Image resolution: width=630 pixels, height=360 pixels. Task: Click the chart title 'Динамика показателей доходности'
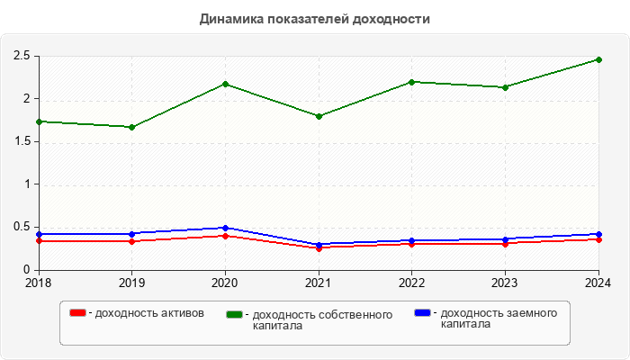pos(314,19)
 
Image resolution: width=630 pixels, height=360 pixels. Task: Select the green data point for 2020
pos(225,84)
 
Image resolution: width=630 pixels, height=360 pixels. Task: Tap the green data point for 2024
pos(598,59)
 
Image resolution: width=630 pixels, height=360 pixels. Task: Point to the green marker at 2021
pos(319,116)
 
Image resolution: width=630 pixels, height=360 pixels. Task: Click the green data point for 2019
pos(132,127)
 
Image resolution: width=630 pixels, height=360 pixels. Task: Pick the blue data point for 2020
pos(225,228)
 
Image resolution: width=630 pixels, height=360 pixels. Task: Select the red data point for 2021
pos(319,247)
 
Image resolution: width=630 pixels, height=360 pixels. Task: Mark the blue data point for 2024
pos(598,234)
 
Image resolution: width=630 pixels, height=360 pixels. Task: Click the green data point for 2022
pos(412,82)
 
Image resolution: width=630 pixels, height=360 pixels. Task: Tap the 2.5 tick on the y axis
pos(22,56)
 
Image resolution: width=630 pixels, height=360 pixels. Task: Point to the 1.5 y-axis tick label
pos(22,141)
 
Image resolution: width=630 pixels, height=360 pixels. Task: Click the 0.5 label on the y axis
pos(22,227)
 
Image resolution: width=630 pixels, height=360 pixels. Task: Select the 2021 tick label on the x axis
pos(319,283)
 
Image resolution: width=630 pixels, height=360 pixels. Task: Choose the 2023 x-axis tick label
pos(505,283)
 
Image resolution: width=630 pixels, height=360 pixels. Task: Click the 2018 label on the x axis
pos(39,283)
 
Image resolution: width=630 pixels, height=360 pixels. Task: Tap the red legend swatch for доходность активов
pos(78,313)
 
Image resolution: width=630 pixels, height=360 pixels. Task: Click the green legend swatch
pos(235,315)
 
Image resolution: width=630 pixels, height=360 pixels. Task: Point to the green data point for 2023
pos(505,87)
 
